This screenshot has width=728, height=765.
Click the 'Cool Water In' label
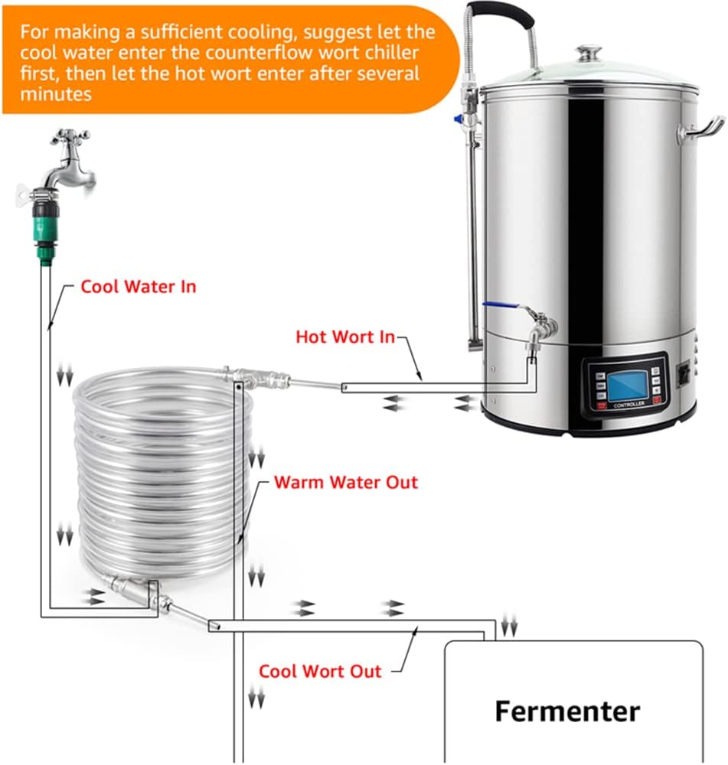[139, 287]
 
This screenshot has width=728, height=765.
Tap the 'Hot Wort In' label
[345, 336]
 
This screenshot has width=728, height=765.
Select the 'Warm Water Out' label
[346, 483]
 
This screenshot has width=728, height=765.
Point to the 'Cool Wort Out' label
[320, 672]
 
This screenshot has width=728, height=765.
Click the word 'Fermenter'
[567, 711]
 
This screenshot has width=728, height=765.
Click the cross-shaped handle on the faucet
[70, 138]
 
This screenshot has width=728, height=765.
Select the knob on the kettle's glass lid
[589, 53]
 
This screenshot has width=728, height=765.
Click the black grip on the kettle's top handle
[502, 11]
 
